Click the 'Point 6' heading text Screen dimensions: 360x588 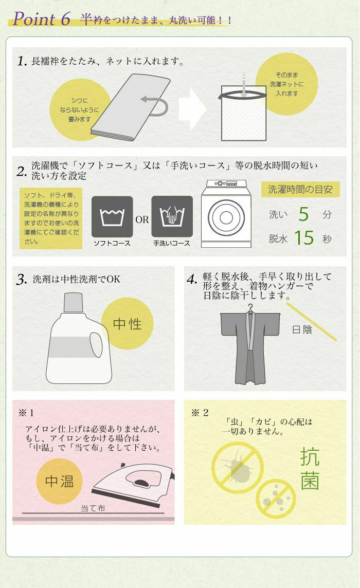[42, 19]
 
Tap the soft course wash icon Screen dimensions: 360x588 [112, 216]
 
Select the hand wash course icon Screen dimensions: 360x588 [172, 216]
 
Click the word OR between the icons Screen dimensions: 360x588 [142, 219]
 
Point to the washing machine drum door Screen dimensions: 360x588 [226, 217]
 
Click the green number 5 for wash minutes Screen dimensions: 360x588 [303, 214]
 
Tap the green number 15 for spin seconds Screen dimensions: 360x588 [304, 238]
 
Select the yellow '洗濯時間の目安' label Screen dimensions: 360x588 [300, 189]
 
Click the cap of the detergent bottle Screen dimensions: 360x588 [73, 302]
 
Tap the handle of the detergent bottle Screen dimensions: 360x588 [96, 344]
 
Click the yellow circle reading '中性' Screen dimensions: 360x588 [127, 324]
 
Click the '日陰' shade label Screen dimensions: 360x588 [302, 329]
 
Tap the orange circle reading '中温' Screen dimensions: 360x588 [59, 481]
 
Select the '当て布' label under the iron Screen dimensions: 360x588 [93, 508]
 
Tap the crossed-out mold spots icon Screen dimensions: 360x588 [276, 499]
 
